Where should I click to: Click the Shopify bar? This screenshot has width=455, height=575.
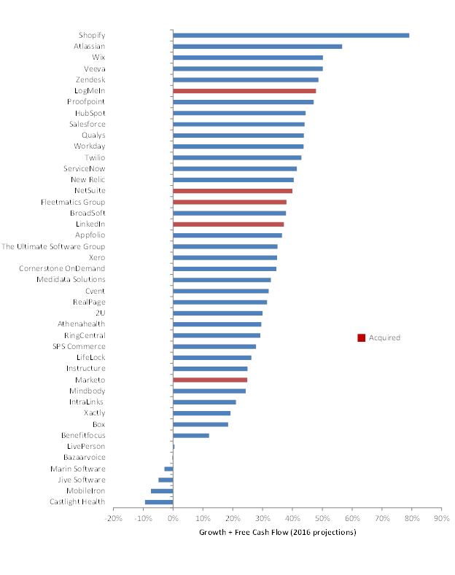click(x=291, y=35)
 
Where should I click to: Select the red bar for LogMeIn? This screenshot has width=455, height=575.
click(x=244, y=91)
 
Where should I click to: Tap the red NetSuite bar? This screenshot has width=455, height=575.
click(x=233, y=191)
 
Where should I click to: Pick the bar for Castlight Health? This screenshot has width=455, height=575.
click(x=159, y=501)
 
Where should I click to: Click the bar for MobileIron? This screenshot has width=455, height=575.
click(x=162, y=490)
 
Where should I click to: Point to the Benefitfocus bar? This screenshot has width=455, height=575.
click(x=191, y=435)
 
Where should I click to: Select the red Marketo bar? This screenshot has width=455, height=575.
click(x=210, y=380)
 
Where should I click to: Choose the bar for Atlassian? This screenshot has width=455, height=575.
click(x=257, y=47)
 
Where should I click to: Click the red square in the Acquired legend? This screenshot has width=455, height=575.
click(x=361, y=337)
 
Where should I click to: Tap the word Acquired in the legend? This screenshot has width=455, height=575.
click(x=384, y=337)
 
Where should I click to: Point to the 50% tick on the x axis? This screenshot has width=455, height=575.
click(x=322, y=518)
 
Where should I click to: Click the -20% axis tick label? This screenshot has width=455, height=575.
click(x=113, y=518)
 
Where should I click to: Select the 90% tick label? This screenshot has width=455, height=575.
click(x=441, y=518)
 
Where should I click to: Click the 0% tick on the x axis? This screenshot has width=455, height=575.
click(x=173, y=518)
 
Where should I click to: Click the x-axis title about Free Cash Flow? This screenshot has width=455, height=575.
click(x=277, y=532)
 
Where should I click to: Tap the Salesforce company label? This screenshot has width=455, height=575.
click(x=87, y=124)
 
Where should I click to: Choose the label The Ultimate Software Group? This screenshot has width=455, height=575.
click(x=53, y=246)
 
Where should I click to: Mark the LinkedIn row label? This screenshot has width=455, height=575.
click(x=90, y=224)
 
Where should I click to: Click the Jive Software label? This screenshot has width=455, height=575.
click(x=82, y=480)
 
